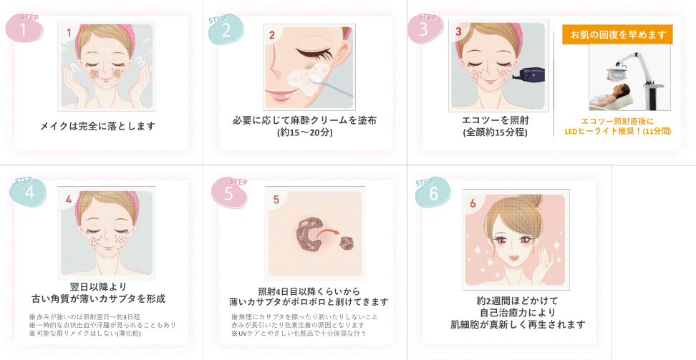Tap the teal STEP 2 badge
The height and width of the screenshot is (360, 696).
click(x=226, y=29)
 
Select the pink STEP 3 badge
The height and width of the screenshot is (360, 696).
click(x=425, y=28)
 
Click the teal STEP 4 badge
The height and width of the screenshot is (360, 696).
click(x=28, y=192)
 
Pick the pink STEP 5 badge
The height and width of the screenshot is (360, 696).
click(x=229, y=193)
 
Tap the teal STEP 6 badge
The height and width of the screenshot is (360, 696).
click(x=432, y=193)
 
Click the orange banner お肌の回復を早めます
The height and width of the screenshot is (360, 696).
click(x=618, y=34)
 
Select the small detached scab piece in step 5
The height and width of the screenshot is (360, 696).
click(x=347, y=243)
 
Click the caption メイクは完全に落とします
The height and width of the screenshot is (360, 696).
click(x=98, y=126)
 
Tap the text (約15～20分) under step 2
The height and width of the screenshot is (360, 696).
click(x=305, y=132)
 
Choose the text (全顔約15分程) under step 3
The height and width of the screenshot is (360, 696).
click(x=496, y=132)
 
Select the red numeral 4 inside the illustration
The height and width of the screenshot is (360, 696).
click(x=68, y=200)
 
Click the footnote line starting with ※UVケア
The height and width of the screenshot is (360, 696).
click(x=299, y=333)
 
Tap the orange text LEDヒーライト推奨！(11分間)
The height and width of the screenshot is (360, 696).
click(x=617, y=132)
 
